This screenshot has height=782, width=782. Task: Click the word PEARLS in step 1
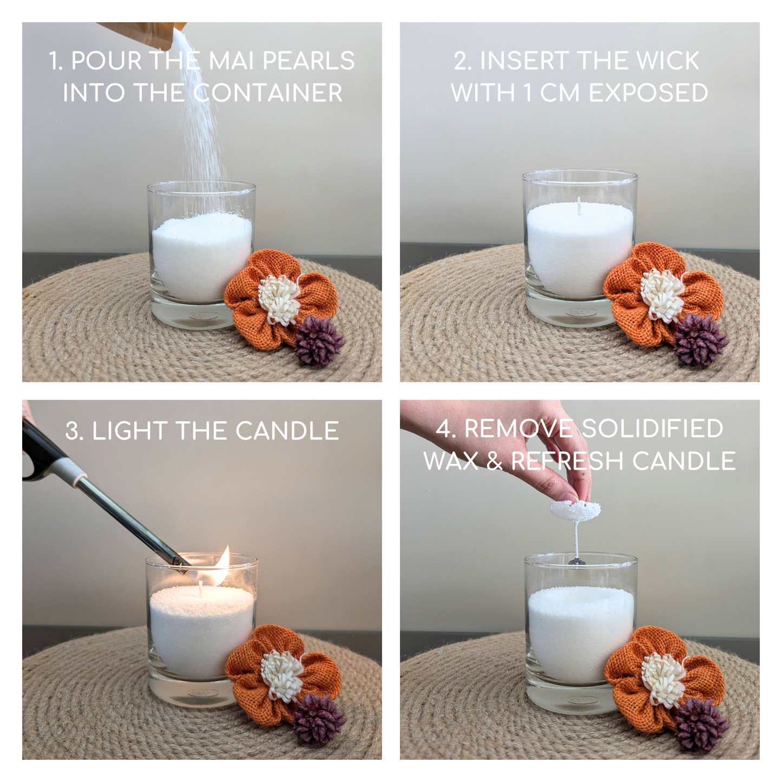pos(309,61)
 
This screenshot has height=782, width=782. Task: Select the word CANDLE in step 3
pos(287,431)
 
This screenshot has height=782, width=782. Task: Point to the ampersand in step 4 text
pos(494,461)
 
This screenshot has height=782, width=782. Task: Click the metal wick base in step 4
pos(576,562)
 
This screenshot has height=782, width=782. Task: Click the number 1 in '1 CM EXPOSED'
pos(527,93)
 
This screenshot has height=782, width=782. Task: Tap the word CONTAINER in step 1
pos(267,93)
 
